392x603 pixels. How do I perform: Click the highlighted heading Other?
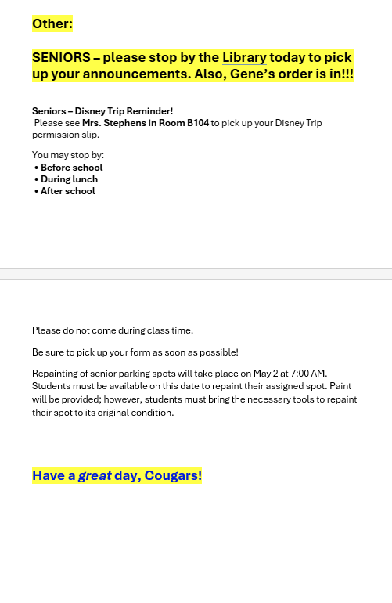click(52, 24)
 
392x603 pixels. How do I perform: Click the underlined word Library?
click(244, 57)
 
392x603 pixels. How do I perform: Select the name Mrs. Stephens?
click(113, 123)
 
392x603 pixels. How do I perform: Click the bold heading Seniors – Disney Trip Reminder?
click(102, 111)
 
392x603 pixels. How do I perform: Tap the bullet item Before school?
click(71, 168)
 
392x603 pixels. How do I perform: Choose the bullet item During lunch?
click(69, 179)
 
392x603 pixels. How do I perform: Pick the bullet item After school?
click(67, 191)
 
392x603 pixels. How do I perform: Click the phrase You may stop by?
click(68, 155)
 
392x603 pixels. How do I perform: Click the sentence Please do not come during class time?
click(113, 330)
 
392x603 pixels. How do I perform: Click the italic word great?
click(95, 475)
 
